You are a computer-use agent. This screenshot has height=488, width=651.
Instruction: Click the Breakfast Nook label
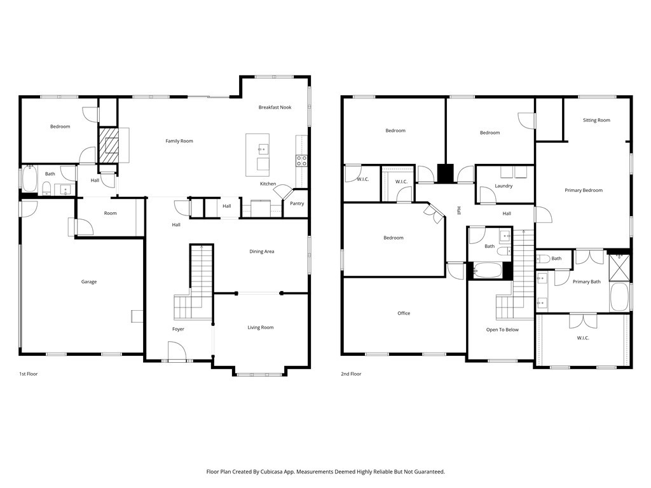275,107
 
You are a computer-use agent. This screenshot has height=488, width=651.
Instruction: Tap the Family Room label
179,141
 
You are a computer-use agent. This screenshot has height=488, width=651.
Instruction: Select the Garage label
89,281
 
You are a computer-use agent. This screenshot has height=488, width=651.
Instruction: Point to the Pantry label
297,203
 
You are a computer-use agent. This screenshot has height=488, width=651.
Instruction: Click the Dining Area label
261,252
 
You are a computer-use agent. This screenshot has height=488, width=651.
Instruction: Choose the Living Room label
261,327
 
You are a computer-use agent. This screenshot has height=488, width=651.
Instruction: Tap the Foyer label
178,329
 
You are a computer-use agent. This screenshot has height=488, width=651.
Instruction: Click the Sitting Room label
596,120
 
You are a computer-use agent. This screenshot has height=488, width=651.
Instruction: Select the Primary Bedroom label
584,191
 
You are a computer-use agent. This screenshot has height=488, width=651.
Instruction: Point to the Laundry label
504,186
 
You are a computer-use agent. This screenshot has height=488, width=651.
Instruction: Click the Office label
404,313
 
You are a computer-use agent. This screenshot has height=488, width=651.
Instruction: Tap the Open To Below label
502,330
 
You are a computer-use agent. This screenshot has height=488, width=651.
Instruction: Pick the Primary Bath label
587,281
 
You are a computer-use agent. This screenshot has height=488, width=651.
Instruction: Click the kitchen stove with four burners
301,161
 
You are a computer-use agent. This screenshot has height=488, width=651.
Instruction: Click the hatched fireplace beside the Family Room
108,145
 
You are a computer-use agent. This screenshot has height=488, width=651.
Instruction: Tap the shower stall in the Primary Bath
619,268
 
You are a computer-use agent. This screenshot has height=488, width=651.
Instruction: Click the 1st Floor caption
28,374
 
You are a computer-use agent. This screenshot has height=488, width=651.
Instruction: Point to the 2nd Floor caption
351,374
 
